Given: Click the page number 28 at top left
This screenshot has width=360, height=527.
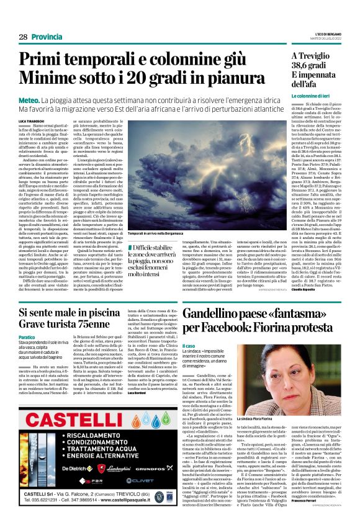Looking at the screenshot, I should tap(22, 37).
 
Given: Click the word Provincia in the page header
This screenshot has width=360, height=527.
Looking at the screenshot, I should tap(47, 37).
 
